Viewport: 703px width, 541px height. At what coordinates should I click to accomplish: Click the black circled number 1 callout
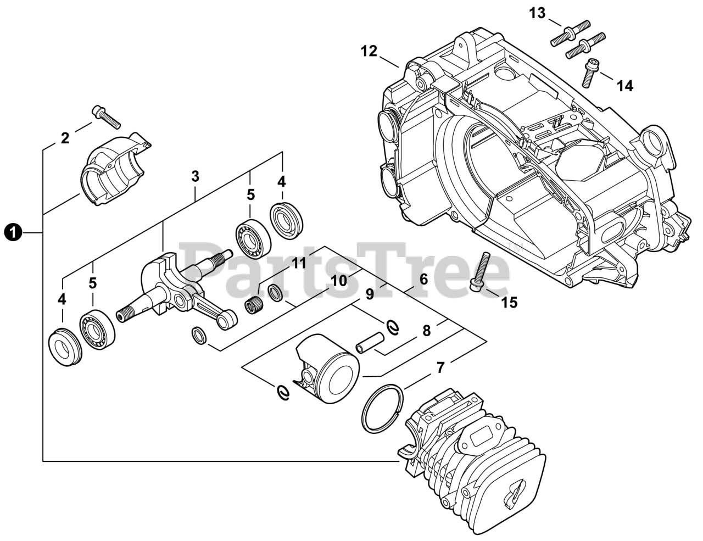pos(13,233)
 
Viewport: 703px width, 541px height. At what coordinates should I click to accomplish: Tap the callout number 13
pos(538,13)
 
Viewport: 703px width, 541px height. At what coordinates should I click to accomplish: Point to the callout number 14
pos(624,86)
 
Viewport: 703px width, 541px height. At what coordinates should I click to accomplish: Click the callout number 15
pos(510,302)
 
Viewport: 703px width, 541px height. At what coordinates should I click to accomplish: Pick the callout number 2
pos(65,138)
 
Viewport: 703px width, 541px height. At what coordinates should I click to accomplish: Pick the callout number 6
pos(423,278)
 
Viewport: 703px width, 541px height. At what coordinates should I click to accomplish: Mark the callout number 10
pos(339,281)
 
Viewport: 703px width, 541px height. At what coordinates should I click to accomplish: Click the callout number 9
pos(370,294)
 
